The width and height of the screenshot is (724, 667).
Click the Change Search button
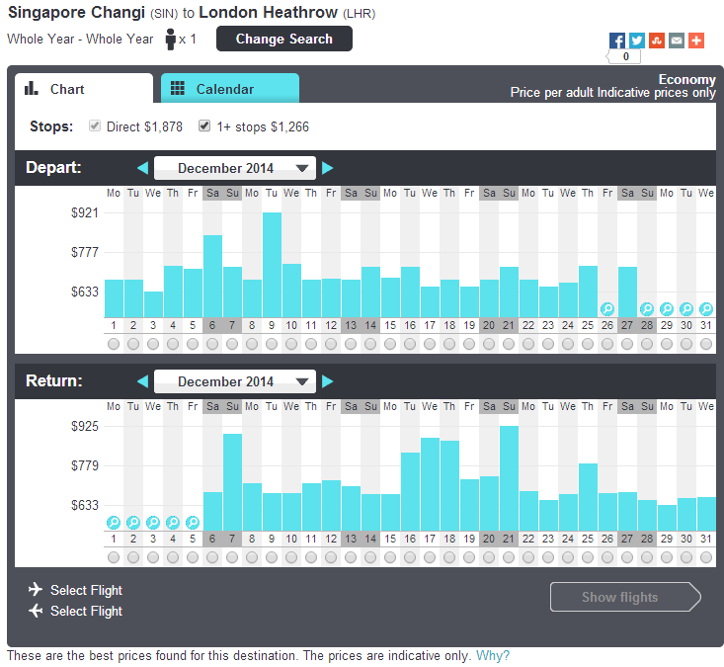(x=283, y=39)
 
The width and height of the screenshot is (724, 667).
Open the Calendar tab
(x=230, y=88)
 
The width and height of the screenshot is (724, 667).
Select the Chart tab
(x=84, y=88)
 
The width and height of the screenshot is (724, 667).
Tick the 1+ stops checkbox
(x=204, y=125)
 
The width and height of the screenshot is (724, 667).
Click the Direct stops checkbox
(x=95, y=125)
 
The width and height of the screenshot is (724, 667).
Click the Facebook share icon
(x=617, y=41)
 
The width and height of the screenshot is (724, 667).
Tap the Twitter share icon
(x=637, y=41)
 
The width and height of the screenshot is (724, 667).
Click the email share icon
(x=677, y=41)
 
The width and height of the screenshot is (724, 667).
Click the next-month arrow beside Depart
(x=327, y=168)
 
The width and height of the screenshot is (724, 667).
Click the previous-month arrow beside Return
(x=142, y=381)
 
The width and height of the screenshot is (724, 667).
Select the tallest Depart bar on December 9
(x=272, y=265)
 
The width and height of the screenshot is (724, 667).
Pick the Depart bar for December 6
(x=212, y=277)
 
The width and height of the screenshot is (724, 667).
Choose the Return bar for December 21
(x=509, y=478)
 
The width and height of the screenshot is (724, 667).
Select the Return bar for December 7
(x=232, y=482)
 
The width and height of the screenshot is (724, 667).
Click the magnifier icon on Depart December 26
(x=607, y=308)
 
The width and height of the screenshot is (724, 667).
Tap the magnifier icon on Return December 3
(x=153, y=522)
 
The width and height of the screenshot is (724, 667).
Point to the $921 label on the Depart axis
(x=85, y=212)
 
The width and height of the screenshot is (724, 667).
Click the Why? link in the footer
(x=493, y=655)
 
